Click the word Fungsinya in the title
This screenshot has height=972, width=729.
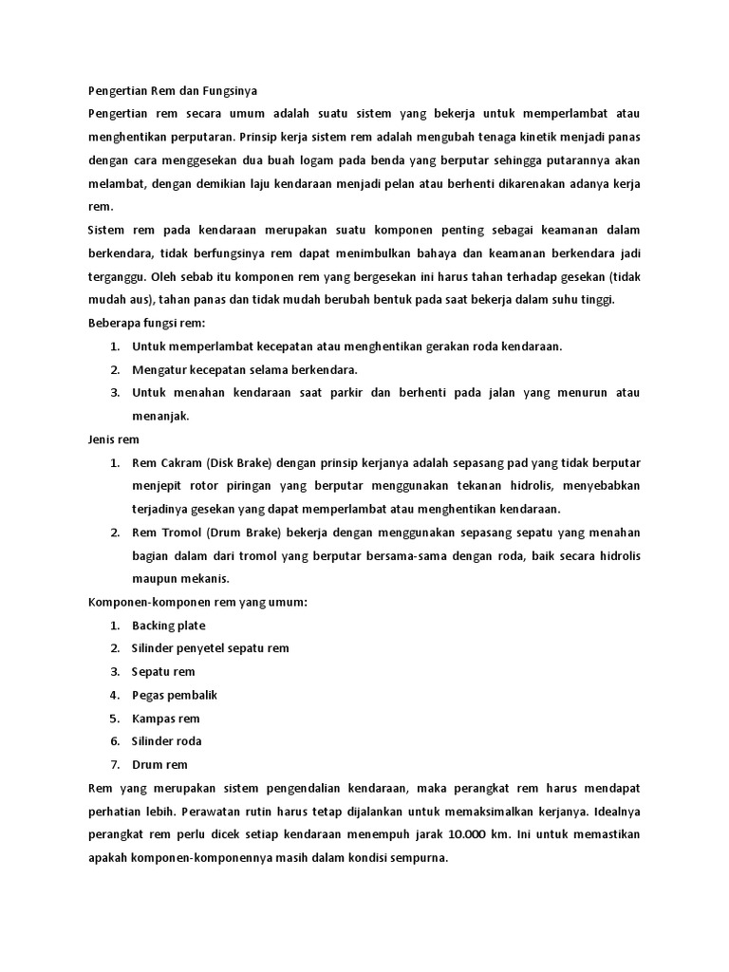coord(228,90)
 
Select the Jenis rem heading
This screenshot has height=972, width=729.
coord(114,439)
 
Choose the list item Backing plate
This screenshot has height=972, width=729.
coord(168,625)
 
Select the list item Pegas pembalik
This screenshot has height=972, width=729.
coord(175,695)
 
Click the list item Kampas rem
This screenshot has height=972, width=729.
coord(166,718)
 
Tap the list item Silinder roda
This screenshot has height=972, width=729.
coord(167,740)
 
